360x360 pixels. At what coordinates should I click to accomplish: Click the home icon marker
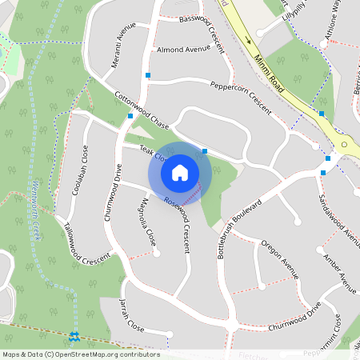pyautogui.click(x=180, y=172)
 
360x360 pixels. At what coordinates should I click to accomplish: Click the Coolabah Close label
pyautogui.click(x=85, y=170)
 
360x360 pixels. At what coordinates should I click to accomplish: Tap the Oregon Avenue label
pyautogui.click(x=280, y=262)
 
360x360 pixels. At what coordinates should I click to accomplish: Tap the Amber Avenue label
pyautogui.click(x=340, y=273)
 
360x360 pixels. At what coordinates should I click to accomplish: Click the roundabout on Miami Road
pyautogui.click(x=345, y=146)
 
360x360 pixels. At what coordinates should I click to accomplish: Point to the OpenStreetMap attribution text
pyautogui.click(x=80, y=354)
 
